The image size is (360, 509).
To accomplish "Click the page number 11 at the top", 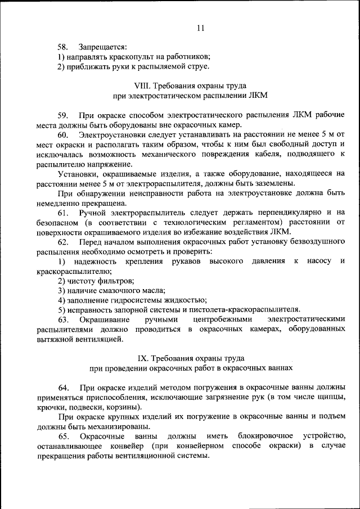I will coord(201,28).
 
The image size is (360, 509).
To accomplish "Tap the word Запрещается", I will coord(103,47).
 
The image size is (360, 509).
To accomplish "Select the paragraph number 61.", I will coord(63,213).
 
